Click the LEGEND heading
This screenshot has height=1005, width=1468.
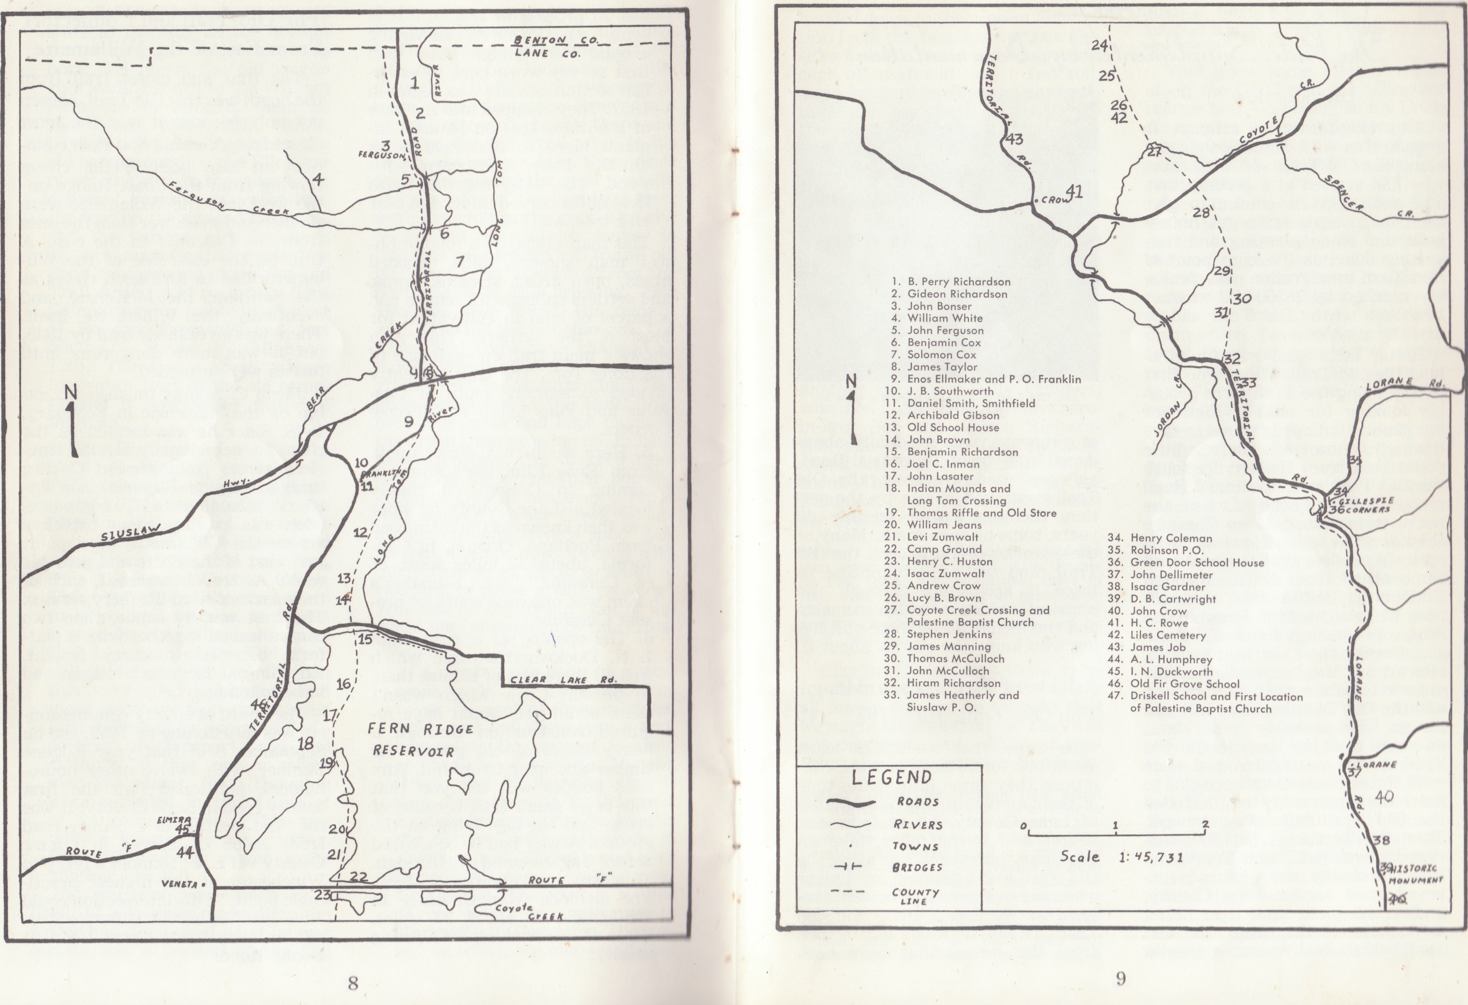(x=891, y=777)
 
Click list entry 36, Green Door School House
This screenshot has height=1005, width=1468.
(x=1185, y=562)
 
